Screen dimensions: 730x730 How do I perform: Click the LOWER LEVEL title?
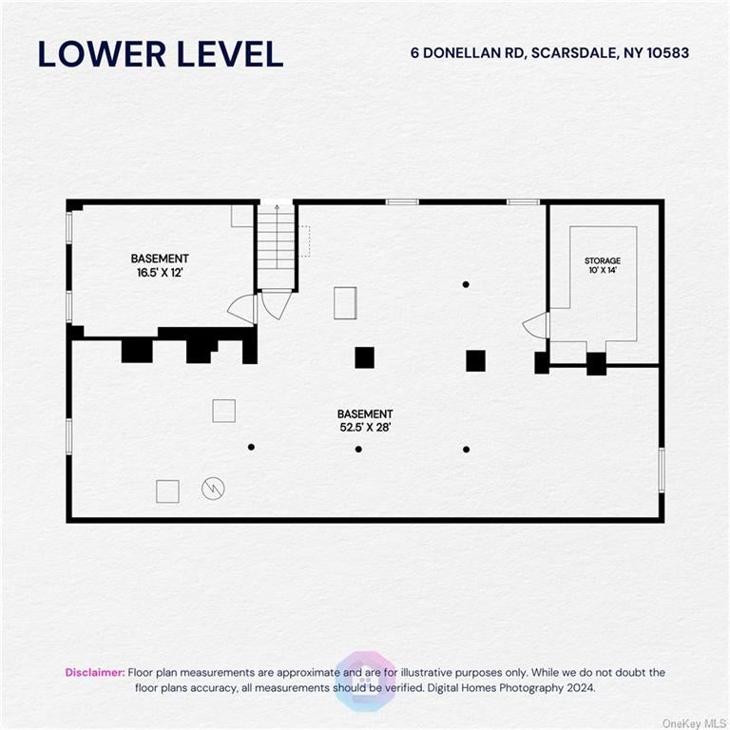[x=161, y=54]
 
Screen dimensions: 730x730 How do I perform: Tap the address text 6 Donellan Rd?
[x=467, y=53]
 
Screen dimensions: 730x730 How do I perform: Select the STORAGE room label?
[x=603, y=260]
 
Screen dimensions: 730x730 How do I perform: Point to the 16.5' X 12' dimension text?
[x=160, y=273]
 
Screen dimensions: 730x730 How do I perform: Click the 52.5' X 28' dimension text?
[x=365, y=428]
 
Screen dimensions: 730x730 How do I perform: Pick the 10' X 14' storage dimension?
[x=603, y=270]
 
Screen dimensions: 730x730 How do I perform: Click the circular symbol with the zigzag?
[x=213, y=489]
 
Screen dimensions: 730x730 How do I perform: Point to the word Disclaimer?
[x=95, y=672]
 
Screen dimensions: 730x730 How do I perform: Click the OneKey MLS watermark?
[x=695, y=723]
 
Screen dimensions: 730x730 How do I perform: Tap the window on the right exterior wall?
[x=662, y=470]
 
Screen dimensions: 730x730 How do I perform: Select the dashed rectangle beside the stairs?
[x=304, y=241]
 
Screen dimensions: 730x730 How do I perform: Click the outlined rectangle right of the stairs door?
[x=345, y=303]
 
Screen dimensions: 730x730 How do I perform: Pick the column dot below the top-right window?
[x=466, y=284]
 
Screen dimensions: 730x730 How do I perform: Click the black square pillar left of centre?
[x=365, y=357]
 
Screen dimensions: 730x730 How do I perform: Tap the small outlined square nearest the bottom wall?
[x=167, y=491]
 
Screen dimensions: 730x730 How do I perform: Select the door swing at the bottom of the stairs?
[x=277, y=304]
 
